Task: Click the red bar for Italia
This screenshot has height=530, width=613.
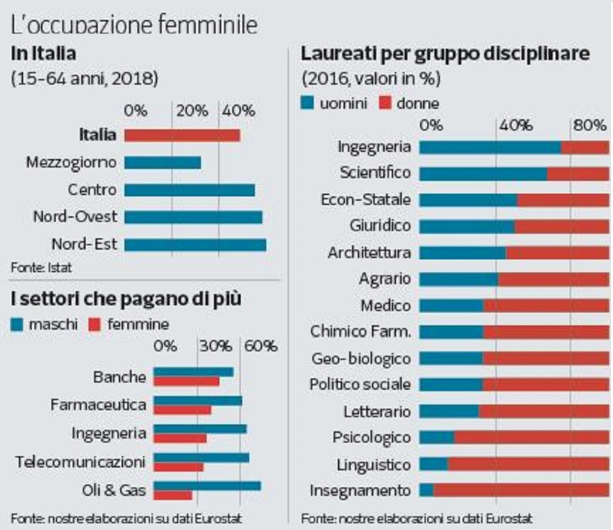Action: pos(182,135)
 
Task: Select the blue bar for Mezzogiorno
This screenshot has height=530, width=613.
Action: pos(162,162)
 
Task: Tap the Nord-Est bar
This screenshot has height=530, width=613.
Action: pos(195,244)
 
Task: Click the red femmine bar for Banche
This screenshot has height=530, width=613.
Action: pos(186,381)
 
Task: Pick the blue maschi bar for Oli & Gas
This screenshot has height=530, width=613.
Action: pos(207,485)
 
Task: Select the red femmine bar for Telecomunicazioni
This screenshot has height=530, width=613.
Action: pos(178,467)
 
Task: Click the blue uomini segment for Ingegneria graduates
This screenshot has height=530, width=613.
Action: pos(490,147)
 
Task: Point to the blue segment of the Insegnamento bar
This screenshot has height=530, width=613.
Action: pos(426,490)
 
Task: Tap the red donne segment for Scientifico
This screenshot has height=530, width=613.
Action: pos(578,174)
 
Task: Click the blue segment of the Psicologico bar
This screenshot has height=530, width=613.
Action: pos(436,438)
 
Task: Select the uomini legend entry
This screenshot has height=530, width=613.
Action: pos(335,104)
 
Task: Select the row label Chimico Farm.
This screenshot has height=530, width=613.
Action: pos(360,332)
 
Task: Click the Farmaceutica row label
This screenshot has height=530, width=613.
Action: pos(98,405)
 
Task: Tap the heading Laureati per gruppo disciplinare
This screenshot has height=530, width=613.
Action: pos(446,54)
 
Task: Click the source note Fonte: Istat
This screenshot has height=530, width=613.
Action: pos(41,268)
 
